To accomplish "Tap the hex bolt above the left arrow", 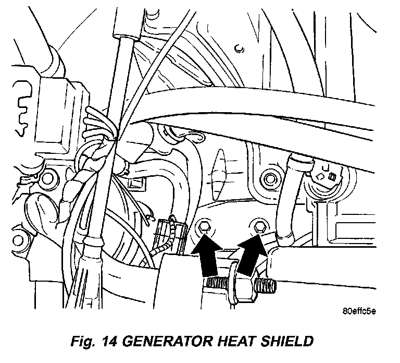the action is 205,227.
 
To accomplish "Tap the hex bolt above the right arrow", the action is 257,226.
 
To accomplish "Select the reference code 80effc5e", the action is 359,311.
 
